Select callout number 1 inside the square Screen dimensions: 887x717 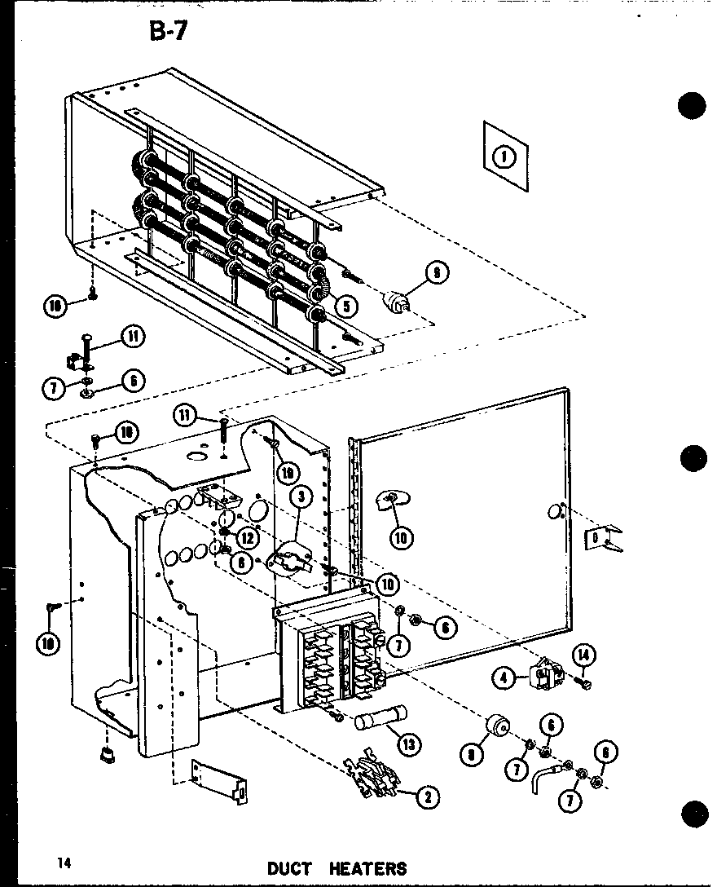505,157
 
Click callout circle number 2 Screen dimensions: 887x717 424,797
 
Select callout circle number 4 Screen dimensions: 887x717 506,677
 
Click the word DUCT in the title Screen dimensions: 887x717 289,868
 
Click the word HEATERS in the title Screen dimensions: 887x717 367,868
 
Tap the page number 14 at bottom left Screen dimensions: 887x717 65,862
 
